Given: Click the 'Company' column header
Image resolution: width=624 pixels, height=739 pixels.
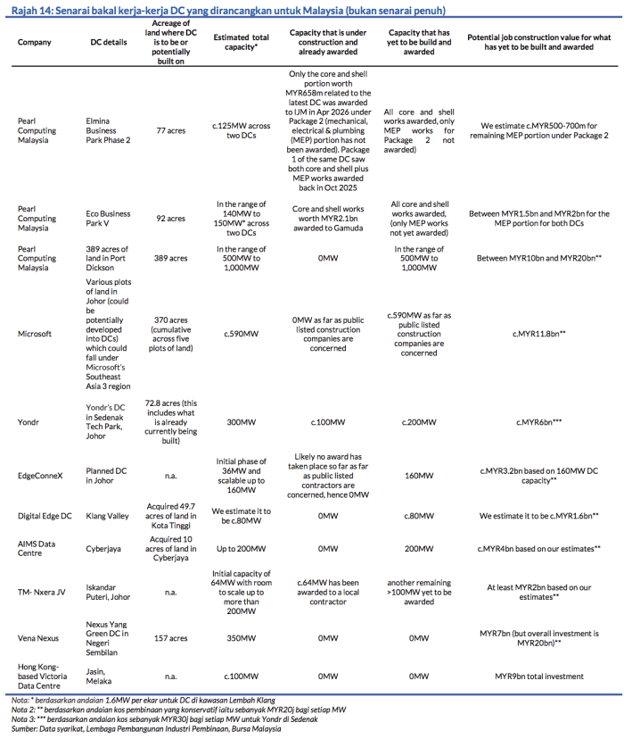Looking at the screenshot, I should [35, 42].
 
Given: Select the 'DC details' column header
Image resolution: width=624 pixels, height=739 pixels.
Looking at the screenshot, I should [109, 42].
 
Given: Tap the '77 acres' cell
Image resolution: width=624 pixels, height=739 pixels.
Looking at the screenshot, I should [170, 129].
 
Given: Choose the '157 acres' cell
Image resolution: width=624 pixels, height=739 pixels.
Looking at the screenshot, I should [170, 638].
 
